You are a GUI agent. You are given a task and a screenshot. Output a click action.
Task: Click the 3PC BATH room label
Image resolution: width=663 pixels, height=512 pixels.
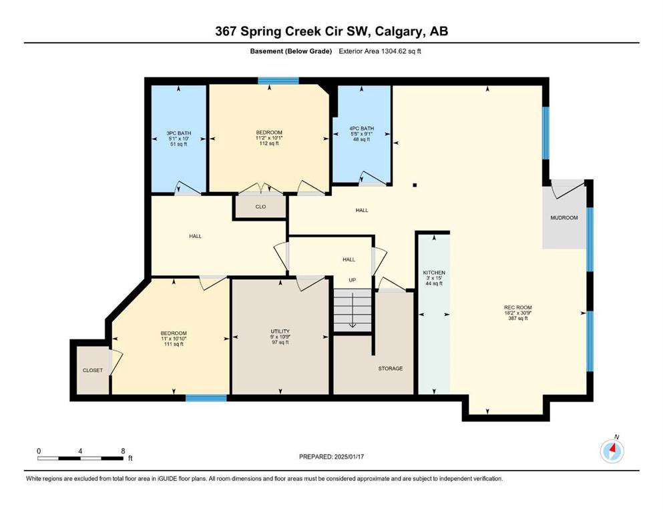click(x=178, y=133)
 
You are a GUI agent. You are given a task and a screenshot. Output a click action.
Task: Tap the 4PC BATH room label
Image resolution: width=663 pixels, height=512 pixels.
click(x=361, y=128)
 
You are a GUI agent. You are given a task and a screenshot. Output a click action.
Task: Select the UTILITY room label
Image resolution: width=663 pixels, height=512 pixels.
click(x=280, y=331)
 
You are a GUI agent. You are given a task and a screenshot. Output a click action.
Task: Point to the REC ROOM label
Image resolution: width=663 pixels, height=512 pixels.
click(x=518, y=307)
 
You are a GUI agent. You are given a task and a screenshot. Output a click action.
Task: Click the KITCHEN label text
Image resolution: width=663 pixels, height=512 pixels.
click(x=434, y=273)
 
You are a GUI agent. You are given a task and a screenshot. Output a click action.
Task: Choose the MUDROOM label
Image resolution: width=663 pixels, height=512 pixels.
click(x=564, y=218)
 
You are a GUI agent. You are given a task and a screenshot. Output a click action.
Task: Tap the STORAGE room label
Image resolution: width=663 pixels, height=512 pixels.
click(x=391, y=369)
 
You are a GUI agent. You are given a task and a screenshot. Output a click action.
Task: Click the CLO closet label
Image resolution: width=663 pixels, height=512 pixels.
click(x=260, y=207)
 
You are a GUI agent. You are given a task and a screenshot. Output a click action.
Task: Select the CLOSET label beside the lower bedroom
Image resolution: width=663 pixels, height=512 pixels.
click(x=93, y=370)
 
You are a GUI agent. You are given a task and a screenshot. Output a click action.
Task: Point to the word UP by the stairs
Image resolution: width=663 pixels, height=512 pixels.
click(x=353, y=280)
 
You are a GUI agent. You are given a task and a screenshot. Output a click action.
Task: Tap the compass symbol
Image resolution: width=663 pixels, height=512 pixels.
click(x=612, y=451)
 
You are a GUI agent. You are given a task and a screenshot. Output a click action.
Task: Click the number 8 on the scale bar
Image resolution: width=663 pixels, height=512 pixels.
click(x=123, y=451)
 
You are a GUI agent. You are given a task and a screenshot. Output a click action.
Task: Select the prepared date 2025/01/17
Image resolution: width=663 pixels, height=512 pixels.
click(x=349, y=457)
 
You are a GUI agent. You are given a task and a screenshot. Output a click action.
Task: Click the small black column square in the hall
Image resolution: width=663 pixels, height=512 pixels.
click(x=415, y=185)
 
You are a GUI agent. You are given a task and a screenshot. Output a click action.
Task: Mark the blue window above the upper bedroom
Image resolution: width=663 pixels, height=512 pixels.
click(x=278, y=81)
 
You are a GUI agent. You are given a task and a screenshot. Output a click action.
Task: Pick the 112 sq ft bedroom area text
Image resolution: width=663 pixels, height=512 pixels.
click(x=269, y=143)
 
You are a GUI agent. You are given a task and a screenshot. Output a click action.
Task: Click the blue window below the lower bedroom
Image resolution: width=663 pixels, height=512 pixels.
click(x=206, y=397)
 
